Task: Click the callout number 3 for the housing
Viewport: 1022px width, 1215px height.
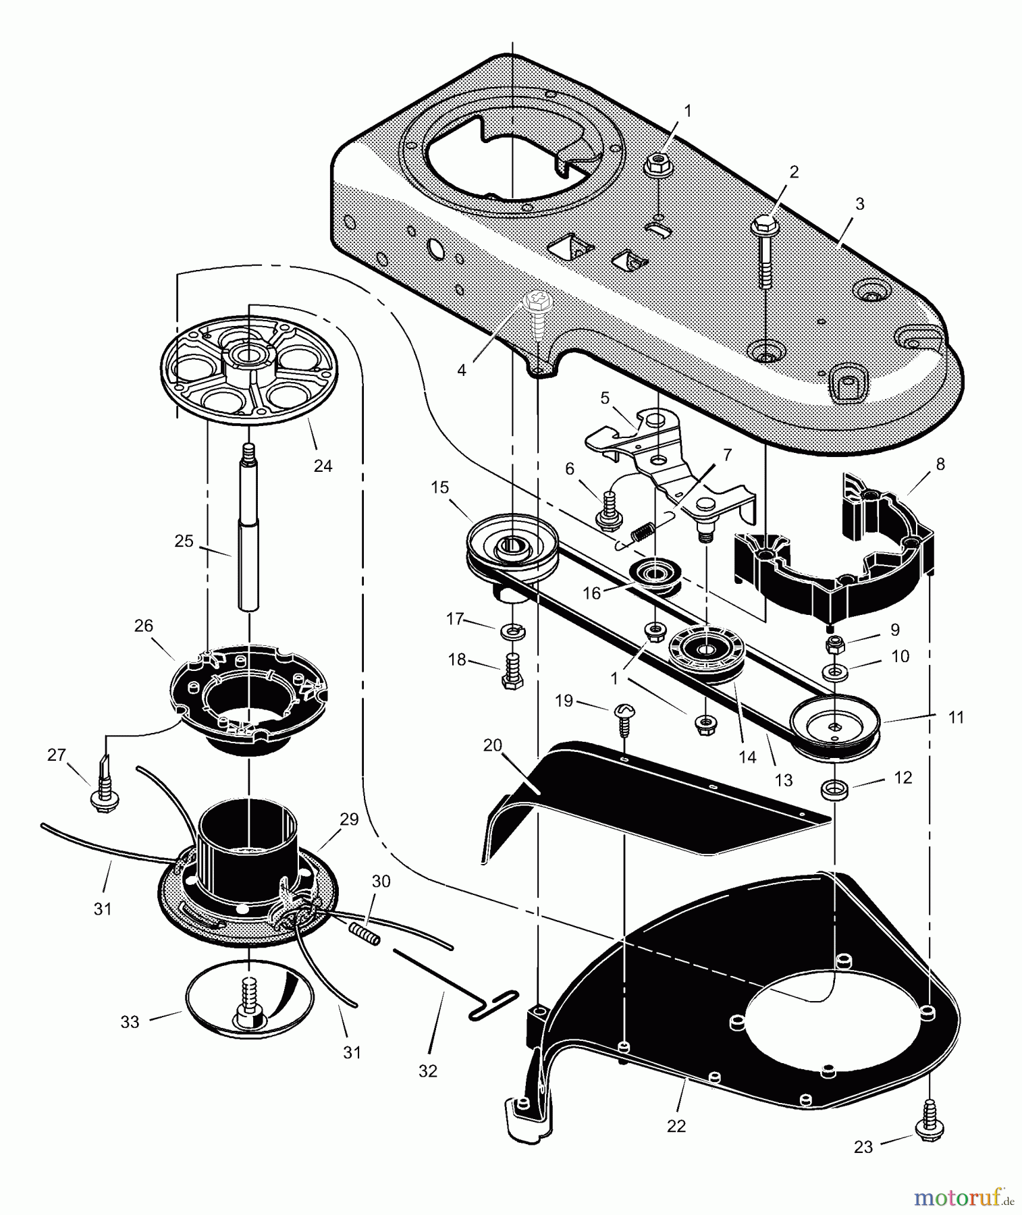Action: click(x=859, y=204)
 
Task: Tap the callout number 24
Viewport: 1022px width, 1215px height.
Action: click(x=323, y=465)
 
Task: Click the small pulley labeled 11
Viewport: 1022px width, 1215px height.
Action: click(x=834, y=727)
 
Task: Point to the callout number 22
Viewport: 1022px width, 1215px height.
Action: click(x=676, y=1126)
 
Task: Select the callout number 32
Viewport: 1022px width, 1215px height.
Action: click(x=428, y=1071)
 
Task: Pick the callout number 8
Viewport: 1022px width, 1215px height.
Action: click(x=940, y=464)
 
